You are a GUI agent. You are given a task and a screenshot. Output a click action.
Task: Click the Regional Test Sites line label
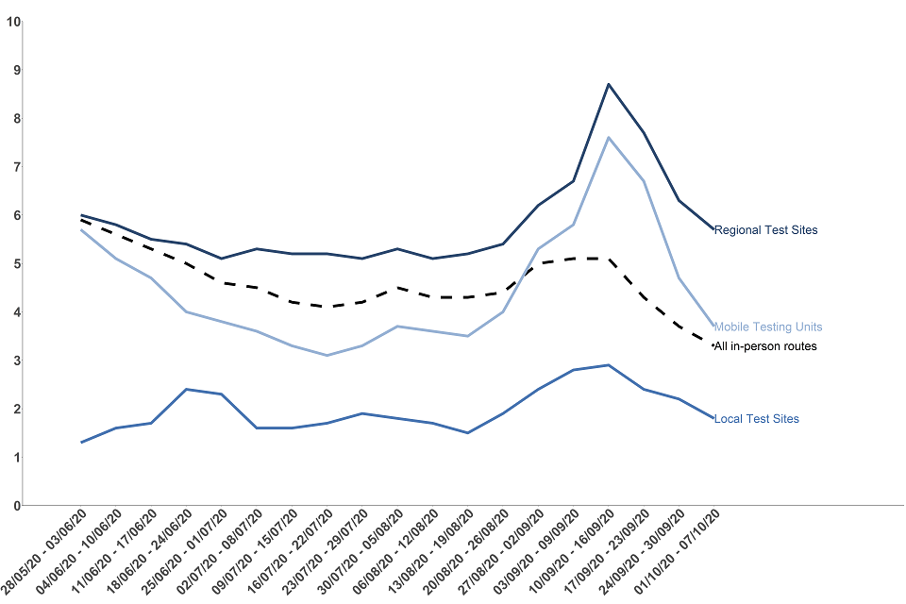[765, 229]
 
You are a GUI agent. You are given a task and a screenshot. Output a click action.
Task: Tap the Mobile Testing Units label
[767, 327]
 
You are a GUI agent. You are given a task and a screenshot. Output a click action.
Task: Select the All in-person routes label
[765, 346]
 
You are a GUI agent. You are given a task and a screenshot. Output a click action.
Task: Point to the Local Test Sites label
[757, 418]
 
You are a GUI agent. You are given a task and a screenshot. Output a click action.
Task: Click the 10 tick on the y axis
[13, 21]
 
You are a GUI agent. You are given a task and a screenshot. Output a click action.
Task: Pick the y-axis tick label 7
[13, 167]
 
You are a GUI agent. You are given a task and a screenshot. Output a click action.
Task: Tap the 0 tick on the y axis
[13, 506]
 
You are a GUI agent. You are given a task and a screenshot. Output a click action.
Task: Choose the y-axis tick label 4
[13, 312]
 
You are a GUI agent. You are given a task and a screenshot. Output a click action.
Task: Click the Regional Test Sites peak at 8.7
[609, 84]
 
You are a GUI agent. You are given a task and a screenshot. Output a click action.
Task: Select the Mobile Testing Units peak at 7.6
[609, 138]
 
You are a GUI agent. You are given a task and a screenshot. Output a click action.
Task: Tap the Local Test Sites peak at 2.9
[609, 365]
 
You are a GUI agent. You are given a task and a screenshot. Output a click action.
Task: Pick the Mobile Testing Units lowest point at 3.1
[327, 355]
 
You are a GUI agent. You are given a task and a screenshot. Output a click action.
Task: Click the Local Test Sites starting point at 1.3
[82, 443]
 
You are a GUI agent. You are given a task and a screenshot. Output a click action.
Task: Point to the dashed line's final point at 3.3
[713, 345]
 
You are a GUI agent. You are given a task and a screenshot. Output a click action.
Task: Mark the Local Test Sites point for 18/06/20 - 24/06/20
[187, 389]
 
